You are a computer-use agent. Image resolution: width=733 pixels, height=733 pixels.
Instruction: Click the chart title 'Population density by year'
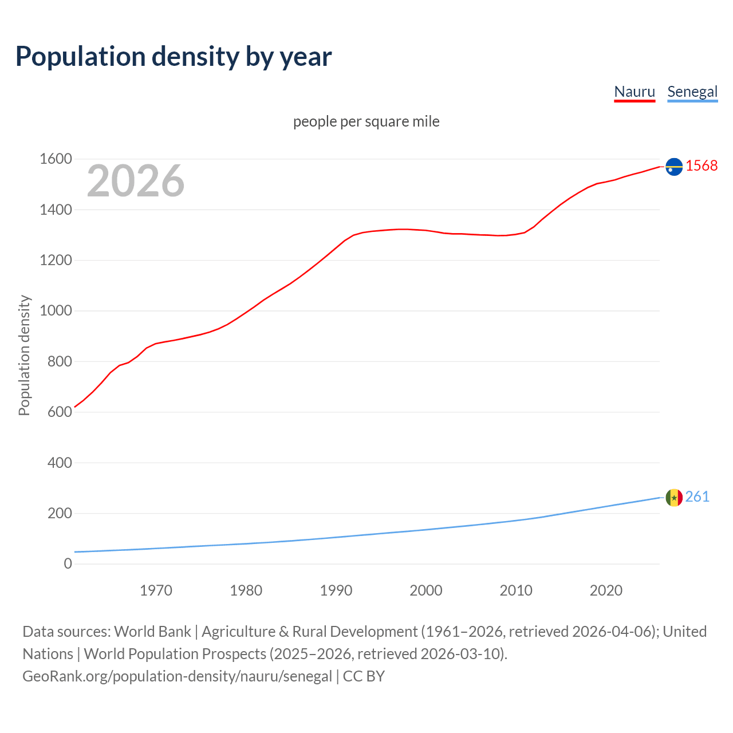pyautogui.click(x=174, y=57)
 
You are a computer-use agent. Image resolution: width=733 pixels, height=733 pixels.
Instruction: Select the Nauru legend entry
pyautogui.click(x=635, y=92)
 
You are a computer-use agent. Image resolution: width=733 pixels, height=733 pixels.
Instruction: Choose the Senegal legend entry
pyautogui.click(x=692, y=92)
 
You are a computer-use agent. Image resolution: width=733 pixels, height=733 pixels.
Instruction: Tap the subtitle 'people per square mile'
pyautogui.click(x=366, y=121)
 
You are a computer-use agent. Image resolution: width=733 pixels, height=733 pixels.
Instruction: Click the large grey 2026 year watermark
pyautogui.click(x=136, y=181)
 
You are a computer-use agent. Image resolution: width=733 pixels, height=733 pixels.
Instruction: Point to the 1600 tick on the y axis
pyautogui.click(x=56, y=159)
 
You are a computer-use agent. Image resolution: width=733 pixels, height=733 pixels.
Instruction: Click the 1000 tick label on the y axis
pyautogui.click(x=56, y=311)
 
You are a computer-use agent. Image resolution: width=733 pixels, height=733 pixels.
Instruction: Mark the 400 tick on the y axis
pyautogui.click(x=60, y=463)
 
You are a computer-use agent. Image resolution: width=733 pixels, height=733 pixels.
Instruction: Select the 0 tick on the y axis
pyautogui.click(x=68, y=564)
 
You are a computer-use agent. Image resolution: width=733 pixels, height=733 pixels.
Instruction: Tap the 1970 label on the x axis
pyautogui.click(x=156, y=590)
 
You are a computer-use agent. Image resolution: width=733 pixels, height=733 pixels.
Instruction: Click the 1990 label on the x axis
pyautogui.click(x=336, y=590)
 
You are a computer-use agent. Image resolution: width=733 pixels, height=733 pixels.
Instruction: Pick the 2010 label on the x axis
pyautogui.click(x=516, y=590)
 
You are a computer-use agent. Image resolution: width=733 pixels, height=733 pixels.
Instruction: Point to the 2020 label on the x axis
pyautogui.click(x=606, y=590)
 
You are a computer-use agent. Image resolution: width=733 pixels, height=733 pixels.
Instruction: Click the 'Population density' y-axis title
pyautogui.click(x=24, y=355)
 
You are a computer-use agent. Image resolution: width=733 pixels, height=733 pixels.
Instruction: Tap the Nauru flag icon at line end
pyautogui.click(x=674, y=167)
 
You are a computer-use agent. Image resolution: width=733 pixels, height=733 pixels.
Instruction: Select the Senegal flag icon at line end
pyautogui.click(x=674, y=498)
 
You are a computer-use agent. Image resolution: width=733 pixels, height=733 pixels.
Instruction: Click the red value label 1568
pyautogui.click(x=702, y=166)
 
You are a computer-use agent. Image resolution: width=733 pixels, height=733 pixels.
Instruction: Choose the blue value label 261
pyautogui.click(x=697, y=496)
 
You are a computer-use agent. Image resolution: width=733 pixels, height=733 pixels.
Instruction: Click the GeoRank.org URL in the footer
pyautogui.click(x=177, y=676)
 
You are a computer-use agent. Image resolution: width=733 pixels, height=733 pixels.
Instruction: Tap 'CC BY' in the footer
pyautogui.click(x=364, y=676)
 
